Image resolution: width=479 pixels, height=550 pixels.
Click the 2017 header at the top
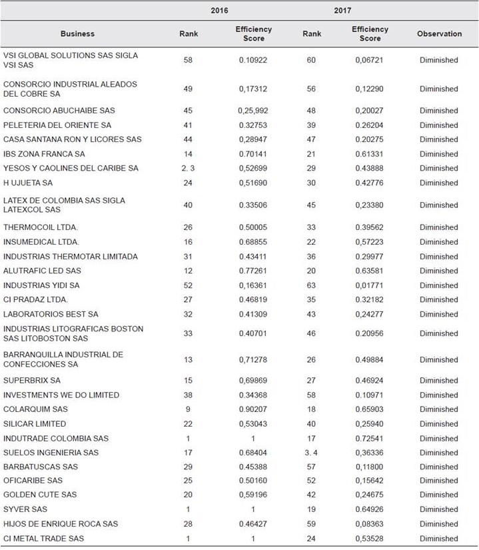(342, 11)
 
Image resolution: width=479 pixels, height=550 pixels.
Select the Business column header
(78, 34)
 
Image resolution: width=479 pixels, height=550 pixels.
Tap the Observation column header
(439, 34)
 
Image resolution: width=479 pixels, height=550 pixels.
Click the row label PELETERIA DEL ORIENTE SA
(57, 125)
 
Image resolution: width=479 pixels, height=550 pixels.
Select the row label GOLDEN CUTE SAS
(40, 495)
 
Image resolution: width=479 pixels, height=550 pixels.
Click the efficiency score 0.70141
(253, 154)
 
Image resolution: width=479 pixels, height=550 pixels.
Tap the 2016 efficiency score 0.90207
(253, 409)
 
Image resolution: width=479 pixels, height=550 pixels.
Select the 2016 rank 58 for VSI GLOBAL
(189, 60)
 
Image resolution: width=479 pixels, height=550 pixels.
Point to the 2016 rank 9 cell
(189, 409)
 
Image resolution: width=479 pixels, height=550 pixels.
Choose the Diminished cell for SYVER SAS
(438, 509)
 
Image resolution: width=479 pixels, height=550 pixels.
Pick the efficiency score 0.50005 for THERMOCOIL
(253, 227)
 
